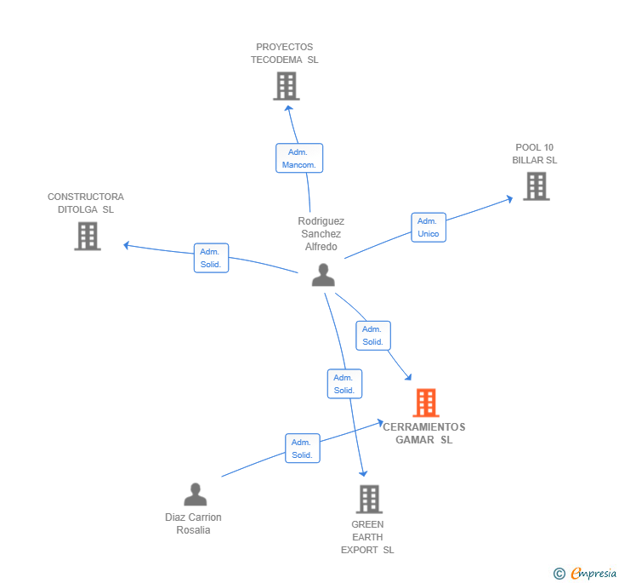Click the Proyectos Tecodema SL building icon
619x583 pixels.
287,86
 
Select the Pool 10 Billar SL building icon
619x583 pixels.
536,186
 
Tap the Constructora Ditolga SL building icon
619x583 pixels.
88,236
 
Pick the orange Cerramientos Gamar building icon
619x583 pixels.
425,403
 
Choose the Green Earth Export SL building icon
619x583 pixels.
368,499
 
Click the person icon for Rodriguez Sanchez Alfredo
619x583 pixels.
323,275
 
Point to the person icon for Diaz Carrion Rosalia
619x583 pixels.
196,494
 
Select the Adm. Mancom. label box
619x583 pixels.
299,158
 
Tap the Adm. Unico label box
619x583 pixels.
429,227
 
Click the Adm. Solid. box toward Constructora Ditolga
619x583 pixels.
211,258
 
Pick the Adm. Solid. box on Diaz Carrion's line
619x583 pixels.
302,449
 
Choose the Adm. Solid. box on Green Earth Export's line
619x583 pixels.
344,384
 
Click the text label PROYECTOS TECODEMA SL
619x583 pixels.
284,54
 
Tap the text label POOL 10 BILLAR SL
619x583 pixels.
534,154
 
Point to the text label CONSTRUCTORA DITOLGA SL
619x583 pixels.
85,203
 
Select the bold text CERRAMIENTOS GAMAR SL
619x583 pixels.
424,434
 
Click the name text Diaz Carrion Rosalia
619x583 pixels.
193,523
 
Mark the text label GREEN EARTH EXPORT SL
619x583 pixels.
367,537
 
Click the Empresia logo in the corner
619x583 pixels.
586,574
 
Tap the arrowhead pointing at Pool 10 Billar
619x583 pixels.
509,199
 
